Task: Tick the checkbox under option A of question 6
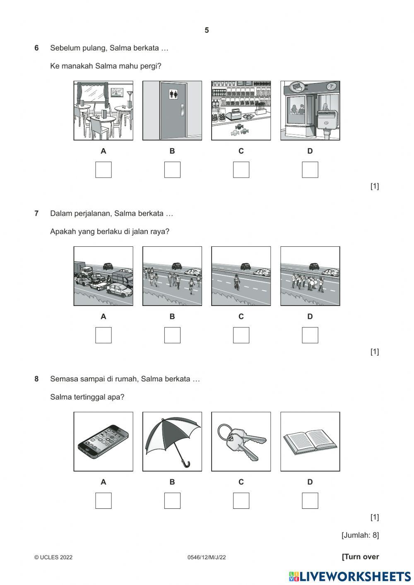(103, 170)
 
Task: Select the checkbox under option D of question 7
(310, 335)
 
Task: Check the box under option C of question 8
(241, 501)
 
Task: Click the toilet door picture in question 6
(172, 111)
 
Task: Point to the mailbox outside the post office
(326, 120)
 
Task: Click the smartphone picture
(103, 441)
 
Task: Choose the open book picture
(310, 441)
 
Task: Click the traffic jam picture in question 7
(103, 276)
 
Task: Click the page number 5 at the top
(207, 30)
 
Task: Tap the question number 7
(36, 214)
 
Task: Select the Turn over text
(360, 557)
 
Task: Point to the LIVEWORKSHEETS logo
(350, 576)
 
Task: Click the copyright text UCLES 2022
(53, 557)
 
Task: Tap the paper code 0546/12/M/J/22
(207, 557)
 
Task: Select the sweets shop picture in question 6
(241, 111)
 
